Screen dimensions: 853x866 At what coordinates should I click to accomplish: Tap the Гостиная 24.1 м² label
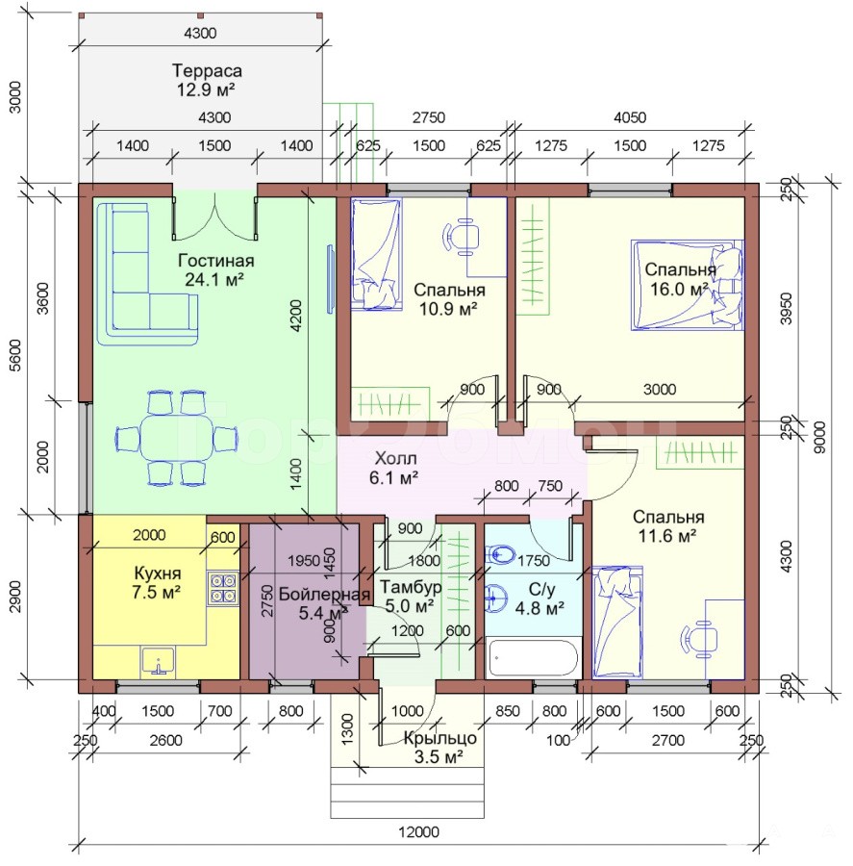215,270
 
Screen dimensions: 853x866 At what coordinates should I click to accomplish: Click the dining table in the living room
177,438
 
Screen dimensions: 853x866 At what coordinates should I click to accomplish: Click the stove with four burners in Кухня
223,588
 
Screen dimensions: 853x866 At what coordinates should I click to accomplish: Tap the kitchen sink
159,662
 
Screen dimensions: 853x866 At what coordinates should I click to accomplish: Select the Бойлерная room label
324,595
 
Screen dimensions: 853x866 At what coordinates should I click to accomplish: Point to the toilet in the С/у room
500,553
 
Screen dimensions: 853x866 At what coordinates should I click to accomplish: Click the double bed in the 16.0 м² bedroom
688,285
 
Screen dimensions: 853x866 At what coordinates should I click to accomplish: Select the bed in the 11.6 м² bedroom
617,622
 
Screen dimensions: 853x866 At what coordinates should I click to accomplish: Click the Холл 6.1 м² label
394,468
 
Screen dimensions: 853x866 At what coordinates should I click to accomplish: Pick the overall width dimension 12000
419,831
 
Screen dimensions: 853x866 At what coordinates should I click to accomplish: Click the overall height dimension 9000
820,438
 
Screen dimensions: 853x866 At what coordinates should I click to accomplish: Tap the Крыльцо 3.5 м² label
439,748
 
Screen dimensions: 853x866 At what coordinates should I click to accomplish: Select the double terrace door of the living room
214,216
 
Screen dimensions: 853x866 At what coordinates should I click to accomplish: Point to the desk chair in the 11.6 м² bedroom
699,640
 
